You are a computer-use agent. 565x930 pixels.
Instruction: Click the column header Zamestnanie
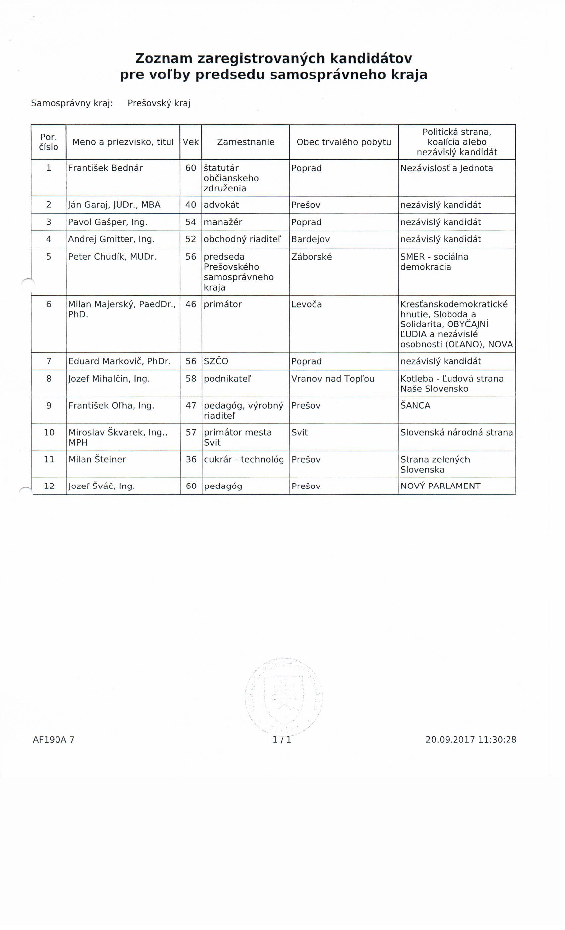coord(246,142)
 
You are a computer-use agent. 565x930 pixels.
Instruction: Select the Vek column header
coord(191,142)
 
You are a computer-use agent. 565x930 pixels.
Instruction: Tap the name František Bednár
coord(105,168)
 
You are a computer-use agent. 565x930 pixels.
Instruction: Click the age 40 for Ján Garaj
coord(191,205)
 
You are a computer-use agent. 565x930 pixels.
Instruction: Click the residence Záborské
coord(312,257)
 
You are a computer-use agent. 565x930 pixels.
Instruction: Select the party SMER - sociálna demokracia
coord(434,262)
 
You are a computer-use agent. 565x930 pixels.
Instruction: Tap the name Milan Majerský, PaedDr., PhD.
coord(122,309)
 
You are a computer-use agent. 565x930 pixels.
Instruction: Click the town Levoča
coord(307,304)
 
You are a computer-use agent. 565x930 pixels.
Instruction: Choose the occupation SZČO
coord(216,361)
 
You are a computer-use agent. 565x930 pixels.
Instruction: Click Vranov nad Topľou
coord(333,379)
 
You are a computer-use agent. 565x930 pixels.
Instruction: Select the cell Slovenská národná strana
coord(457,432)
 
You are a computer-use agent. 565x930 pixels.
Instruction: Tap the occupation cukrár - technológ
coord(244,459)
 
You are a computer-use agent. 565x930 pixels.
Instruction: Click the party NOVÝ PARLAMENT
coord(440,486)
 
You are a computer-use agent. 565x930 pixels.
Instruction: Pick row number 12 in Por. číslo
coord(49,486)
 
